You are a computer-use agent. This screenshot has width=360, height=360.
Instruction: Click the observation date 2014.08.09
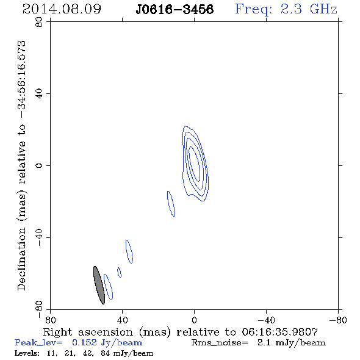[62, 9]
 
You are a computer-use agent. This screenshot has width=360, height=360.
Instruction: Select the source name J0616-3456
[175, 10]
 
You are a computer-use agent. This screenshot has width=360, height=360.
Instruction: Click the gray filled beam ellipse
[99, 285]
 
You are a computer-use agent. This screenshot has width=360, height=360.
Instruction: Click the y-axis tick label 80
[39, 22]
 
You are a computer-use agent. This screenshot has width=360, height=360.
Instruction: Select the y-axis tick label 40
[39, 94]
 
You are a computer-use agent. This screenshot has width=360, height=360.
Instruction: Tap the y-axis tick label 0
[39, 165]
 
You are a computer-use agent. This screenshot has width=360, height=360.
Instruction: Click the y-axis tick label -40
[39, 237]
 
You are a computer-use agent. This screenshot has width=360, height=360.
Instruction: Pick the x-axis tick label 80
[50, 320]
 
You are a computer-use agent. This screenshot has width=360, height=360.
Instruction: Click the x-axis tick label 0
[194, 320]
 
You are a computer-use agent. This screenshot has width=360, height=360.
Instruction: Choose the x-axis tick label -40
[266, 320]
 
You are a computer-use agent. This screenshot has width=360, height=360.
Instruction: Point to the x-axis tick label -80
[338, 320]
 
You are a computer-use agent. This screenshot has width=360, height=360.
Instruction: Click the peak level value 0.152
[84, 342]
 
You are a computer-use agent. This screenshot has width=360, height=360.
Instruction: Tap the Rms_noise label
[220, 343]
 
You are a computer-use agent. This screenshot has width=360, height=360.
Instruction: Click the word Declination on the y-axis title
[21, 259]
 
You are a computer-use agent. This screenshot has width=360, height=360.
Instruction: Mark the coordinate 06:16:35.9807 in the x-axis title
[280, 332]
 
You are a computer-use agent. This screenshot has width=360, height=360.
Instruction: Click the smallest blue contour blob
[119, 272]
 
